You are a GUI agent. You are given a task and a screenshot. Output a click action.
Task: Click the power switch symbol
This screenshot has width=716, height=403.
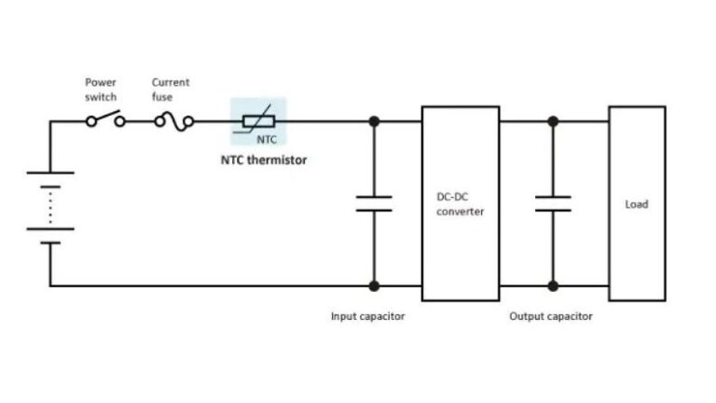pos(105,120)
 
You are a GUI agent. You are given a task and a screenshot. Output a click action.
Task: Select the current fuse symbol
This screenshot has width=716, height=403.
pos(173,120)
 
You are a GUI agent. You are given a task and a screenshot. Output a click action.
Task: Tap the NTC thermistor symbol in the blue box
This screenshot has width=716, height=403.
pos(259,120)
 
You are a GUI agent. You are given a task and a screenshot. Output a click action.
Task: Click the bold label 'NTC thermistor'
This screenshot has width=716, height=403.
pos(263,160)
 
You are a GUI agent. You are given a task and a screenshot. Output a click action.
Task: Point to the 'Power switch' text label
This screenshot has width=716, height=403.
pos(101,90)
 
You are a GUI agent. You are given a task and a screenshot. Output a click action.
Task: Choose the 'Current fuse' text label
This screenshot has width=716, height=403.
pos(171,90)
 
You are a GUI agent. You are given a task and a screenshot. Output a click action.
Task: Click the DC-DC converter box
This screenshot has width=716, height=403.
pos(460,203)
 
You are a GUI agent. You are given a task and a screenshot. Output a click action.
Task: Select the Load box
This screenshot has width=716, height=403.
pos(637,203)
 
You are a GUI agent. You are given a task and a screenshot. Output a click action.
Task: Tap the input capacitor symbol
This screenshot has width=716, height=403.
pos(374,203)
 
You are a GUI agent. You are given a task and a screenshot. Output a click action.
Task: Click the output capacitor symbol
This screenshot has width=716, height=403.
pos(553,203)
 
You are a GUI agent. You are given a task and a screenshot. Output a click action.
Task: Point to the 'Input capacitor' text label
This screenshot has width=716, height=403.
pos(368,316)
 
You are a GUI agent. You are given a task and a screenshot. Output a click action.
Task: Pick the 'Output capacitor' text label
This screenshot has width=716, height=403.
pos(550,316)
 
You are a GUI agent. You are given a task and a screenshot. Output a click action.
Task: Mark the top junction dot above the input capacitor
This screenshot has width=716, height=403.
pos(374,120)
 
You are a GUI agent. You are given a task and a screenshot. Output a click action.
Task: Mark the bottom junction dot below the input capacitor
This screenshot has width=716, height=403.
pos(374,285)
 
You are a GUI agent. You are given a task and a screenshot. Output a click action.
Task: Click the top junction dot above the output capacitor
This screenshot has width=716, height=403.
pos(553,120)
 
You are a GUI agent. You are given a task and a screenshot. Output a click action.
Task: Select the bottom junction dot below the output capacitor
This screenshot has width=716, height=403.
pos(553,285)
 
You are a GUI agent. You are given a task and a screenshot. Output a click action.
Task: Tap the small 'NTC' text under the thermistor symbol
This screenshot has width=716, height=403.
pos(267,138)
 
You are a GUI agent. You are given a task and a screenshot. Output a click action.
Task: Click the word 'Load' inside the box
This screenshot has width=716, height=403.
pos(637,203)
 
